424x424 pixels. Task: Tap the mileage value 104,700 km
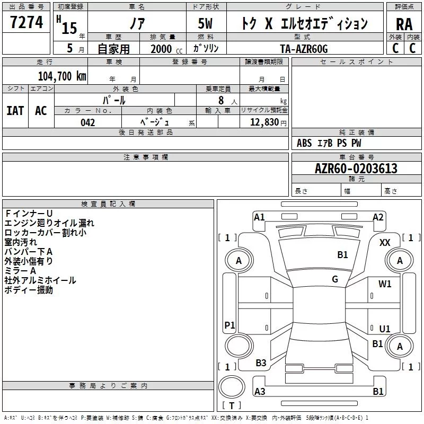(x=62, y=76)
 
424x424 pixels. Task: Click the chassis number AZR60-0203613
(x=356, y=169)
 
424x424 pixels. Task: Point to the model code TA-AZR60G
(x=304, y=48)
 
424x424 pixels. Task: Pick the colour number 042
(x=87, y=122)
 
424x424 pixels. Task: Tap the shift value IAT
(x=15, y=110)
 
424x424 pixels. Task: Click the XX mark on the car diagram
(x=385, y=242)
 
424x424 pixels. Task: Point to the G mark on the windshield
(x=335, y=279)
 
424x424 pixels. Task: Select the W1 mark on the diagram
(x=385, y=284)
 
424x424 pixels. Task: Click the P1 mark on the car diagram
(x=229, y=325)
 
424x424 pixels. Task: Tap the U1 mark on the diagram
(x=385, y=329)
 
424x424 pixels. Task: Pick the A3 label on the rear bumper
(x=260, y=392)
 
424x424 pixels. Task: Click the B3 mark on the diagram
(x=261, y=363)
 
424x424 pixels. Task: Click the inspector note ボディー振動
(x=29, y=290)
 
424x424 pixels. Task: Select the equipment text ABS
(x=304, y=143)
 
